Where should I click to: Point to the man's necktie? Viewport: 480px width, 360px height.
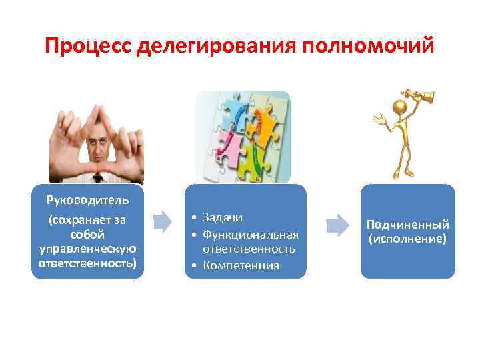98,178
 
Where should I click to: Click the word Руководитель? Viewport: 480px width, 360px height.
87,199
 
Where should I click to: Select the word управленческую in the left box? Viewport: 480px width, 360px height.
87,249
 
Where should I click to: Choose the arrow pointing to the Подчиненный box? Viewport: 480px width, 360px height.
339,225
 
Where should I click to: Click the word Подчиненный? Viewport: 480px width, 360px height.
407,225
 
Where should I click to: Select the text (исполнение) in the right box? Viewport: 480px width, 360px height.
407,237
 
